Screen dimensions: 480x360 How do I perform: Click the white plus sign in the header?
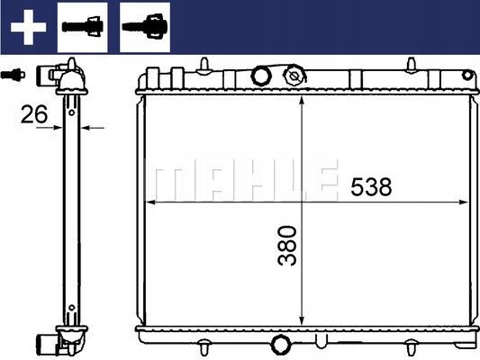pyautogui.click(x=28, y=27)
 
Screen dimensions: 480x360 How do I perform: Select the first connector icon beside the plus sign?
pyautogui.click(x=83, y=27)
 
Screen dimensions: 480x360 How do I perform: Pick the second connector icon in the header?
pyautogui.click(x=145, y=27)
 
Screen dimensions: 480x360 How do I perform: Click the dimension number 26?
pyautogui.click(x=34, y=114)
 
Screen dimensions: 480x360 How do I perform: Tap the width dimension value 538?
pyautogui.click(x=371, y=186)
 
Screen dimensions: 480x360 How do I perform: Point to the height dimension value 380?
pyautogui.click(x=287, y=246)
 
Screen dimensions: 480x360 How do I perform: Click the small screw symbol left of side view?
pyautogui.click(x=13, y=75)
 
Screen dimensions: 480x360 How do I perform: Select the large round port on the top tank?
pyautogui.click(x=261, y=76)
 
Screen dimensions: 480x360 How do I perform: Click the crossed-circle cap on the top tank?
pyautogui.click(x=294, y=76)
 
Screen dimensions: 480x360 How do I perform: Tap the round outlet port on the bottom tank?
pyautogui.click(x=280, y=345)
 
